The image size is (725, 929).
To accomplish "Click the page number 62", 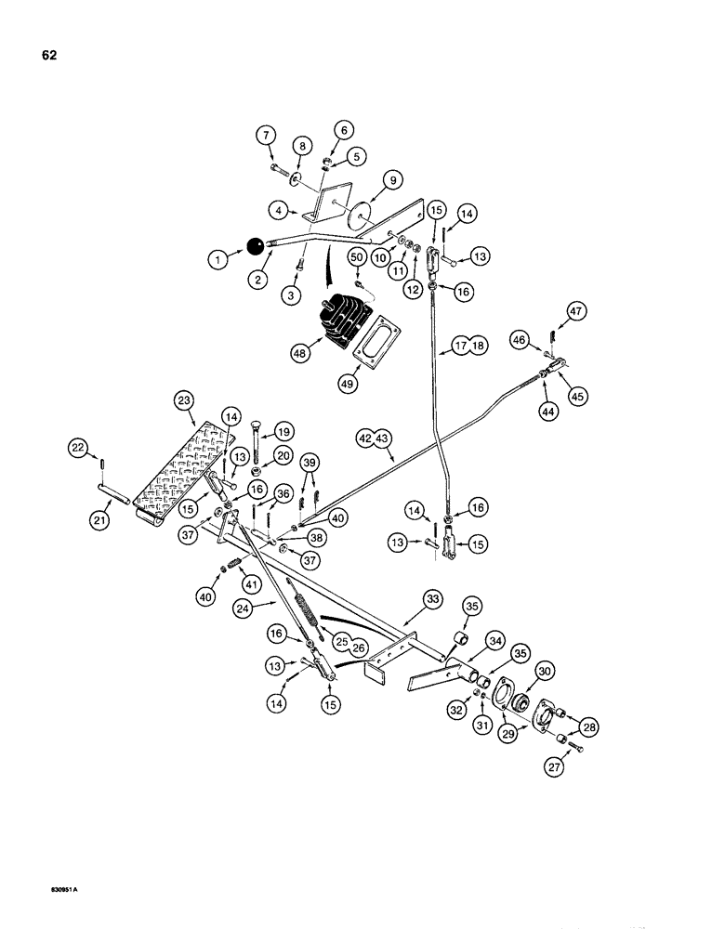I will point(49,55).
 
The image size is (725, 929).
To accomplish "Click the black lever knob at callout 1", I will point(254,246).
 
